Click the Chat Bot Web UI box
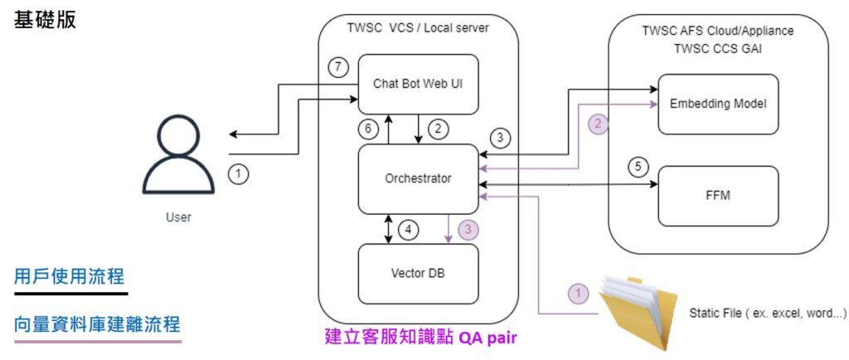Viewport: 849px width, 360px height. [x=419, y=84]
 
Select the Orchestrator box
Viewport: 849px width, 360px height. [x=419, y=178]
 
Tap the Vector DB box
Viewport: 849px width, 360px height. [x=419, y=274]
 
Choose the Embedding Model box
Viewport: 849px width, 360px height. [x=718, y=104]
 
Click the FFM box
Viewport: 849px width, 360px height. [x=718, y=196]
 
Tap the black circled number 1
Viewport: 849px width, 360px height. [x=238, y=174]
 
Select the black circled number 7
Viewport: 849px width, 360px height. [x=337, y=68]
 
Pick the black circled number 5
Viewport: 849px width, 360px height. [x=637, y=166]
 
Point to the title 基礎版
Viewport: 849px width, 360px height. [x=46, y=21]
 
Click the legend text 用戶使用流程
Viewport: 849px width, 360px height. [x=70, y=276]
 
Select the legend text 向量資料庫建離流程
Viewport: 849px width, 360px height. [x=97, y=324]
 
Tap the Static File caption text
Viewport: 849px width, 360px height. [x=766, y=313]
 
